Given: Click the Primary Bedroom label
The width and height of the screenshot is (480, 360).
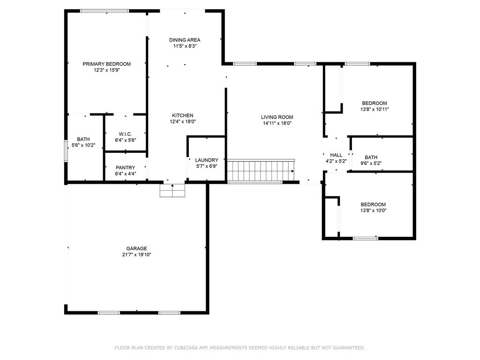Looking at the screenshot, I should pos(106,64).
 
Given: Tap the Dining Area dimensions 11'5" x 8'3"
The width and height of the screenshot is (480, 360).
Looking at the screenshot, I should pos(185,46).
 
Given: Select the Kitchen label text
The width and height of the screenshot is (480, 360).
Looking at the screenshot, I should pos(182,115).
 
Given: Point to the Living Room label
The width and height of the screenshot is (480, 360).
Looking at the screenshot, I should pos(277,117).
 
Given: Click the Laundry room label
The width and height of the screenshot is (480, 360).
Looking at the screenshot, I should pos(206,160).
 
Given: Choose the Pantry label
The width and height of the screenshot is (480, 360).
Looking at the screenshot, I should pos(125,167).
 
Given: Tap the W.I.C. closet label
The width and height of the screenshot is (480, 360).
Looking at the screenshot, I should pos(125,134).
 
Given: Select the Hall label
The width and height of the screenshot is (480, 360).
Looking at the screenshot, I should pos(336,155).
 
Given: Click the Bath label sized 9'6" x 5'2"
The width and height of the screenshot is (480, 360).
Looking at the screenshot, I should pos(371,157).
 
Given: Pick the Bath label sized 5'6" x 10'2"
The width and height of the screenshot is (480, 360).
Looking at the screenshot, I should pos(83,139).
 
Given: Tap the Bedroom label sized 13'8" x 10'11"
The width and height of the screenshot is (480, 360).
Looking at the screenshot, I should pos(374,103).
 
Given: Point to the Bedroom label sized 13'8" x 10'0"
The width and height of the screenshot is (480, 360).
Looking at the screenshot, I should pos(373,204).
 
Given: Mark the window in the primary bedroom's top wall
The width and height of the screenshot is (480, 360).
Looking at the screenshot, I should pos(104,11).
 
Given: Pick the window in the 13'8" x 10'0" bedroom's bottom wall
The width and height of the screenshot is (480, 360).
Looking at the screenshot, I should pos(365,239).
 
